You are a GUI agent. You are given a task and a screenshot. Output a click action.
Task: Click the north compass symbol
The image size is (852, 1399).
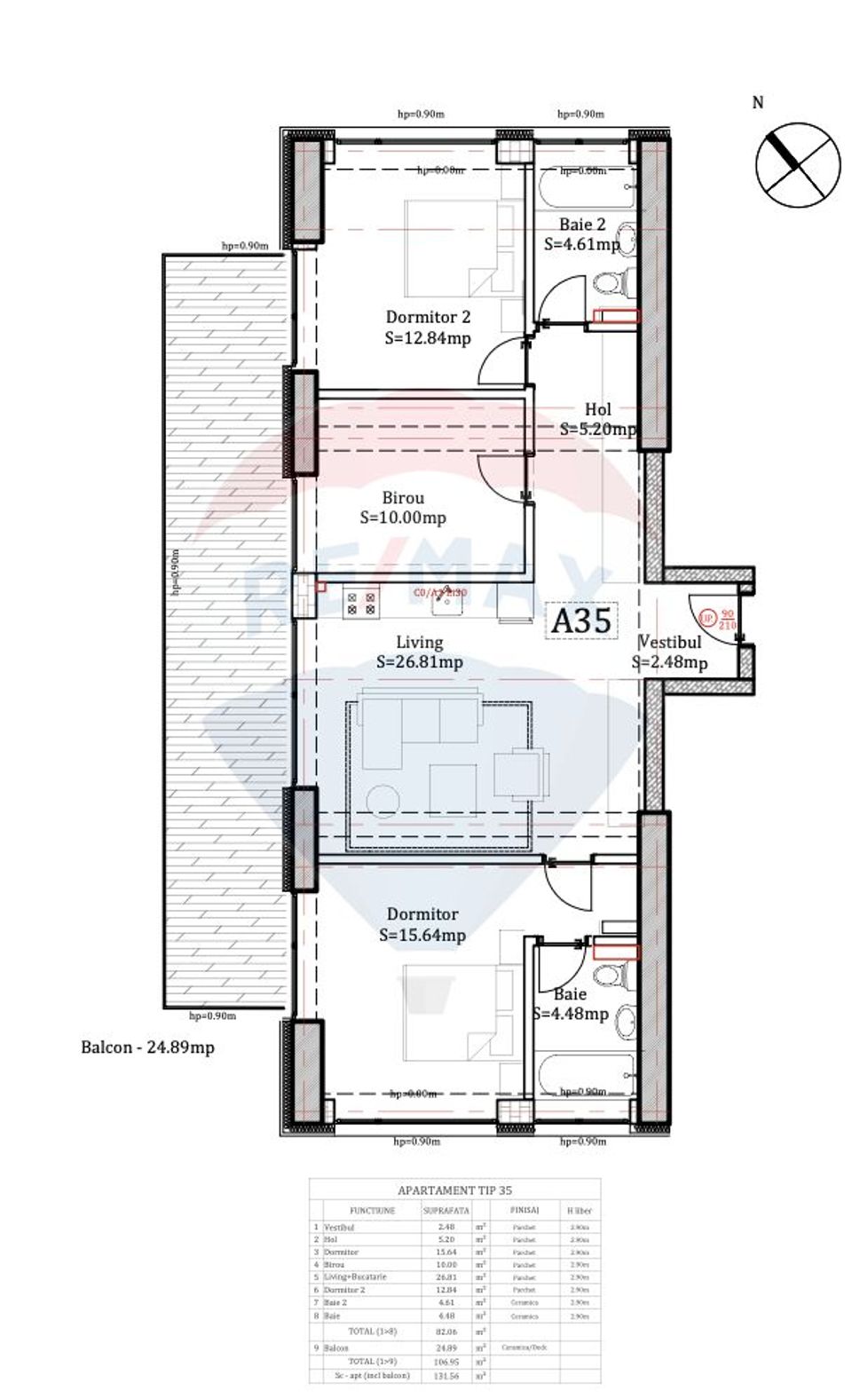(x=797, y=165)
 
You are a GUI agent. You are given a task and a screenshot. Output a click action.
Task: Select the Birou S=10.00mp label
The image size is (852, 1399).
(x=403, y=508)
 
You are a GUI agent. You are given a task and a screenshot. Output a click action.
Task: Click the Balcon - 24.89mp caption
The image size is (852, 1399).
(x=147, y=1047)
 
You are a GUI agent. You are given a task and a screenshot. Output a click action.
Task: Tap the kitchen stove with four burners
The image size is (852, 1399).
(x=361, y=605)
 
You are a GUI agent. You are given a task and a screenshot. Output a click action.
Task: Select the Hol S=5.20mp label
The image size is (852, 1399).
(x=598, y=419)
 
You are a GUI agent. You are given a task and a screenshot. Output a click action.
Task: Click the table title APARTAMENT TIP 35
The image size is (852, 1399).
(x=454, y=1190)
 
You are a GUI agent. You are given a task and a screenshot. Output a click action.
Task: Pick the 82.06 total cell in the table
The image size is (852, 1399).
(x=446, y=1332)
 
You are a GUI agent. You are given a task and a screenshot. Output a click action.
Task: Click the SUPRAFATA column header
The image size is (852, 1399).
(x=446, y=1210)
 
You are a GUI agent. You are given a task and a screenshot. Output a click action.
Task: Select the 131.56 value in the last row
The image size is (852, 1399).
(x=446, y=1375)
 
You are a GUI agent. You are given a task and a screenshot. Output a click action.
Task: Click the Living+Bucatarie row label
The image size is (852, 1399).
(x=355, y=1276)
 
